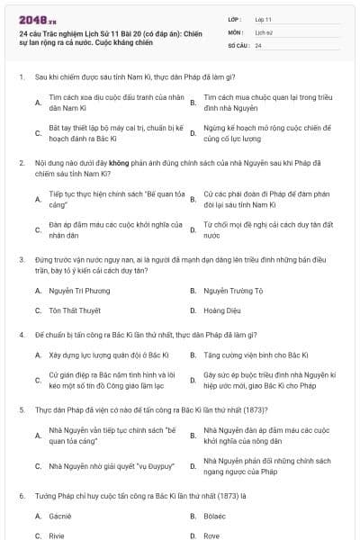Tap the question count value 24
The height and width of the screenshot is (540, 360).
259,45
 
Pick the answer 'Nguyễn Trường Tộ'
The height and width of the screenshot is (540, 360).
234,291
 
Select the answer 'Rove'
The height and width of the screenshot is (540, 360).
212,535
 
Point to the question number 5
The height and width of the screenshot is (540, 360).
21,409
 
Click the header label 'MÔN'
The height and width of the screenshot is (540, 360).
233,31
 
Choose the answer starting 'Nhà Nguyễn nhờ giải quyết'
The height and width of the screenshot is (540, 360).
111,466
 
